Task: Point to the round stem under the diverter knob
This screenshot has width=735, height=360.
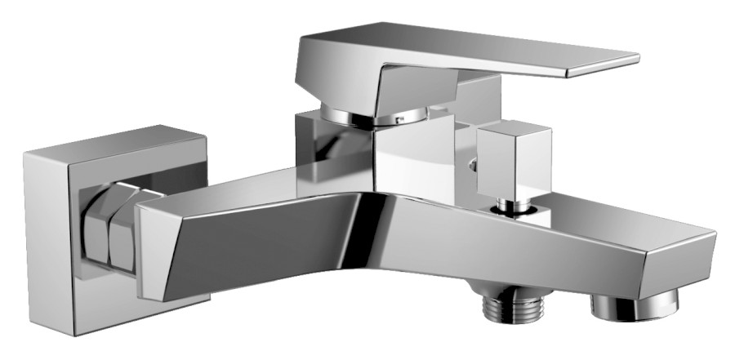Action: pyautogui.click(x=512, y=204)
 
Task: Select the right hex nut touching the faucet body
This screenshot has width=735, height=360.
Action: pyautogui.click(x=122, y=237)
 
